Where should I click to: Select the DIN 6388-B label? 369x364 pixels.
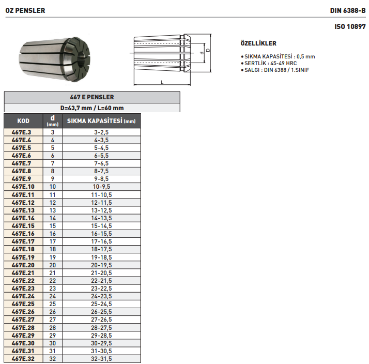pyautogui.click(x=348, y=10)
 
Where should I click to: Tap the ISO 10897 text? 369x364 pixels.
pyautogui.click(x=350, y=25)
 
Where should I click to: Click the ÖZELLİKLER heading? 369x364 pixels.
pyautogui.click(x=259, y=43)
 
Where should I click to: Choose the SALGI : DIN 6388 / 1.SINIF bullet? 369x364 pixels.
pyautogui.click(x=276, y=69)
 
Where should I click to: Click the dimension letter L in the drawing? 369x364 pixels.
pyautogui.click(x=162, y=82)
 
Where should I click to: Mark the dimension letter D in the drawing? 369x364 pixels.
pyautogui.click(x=207, y=51)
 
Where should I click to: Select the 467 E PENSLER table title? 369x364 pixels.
pyautogui.click(x=92, y=97)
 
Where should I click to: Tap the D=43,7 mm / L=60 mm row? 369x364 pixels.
pyautogui.click(x=92, y=108)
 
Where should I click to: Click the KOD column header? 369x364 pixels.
pyautogui.click(x=23, y=121)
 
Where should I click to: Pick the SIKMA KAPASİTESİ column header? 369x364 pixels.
pyautogui.click(x=101, y=121)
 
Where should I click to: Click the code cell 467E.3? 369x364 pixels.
pyautogui.click(x=22, y=132)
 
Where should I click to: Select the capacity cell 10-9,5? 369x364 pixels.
pyautogui.click(x=101, y=186)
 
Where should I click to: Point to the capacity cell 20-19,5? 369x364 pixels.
pyautogui.click(x=101, y=264)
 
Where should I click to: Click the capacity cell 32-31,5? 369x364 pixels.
pyautogui.click(x=101, y=358)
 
